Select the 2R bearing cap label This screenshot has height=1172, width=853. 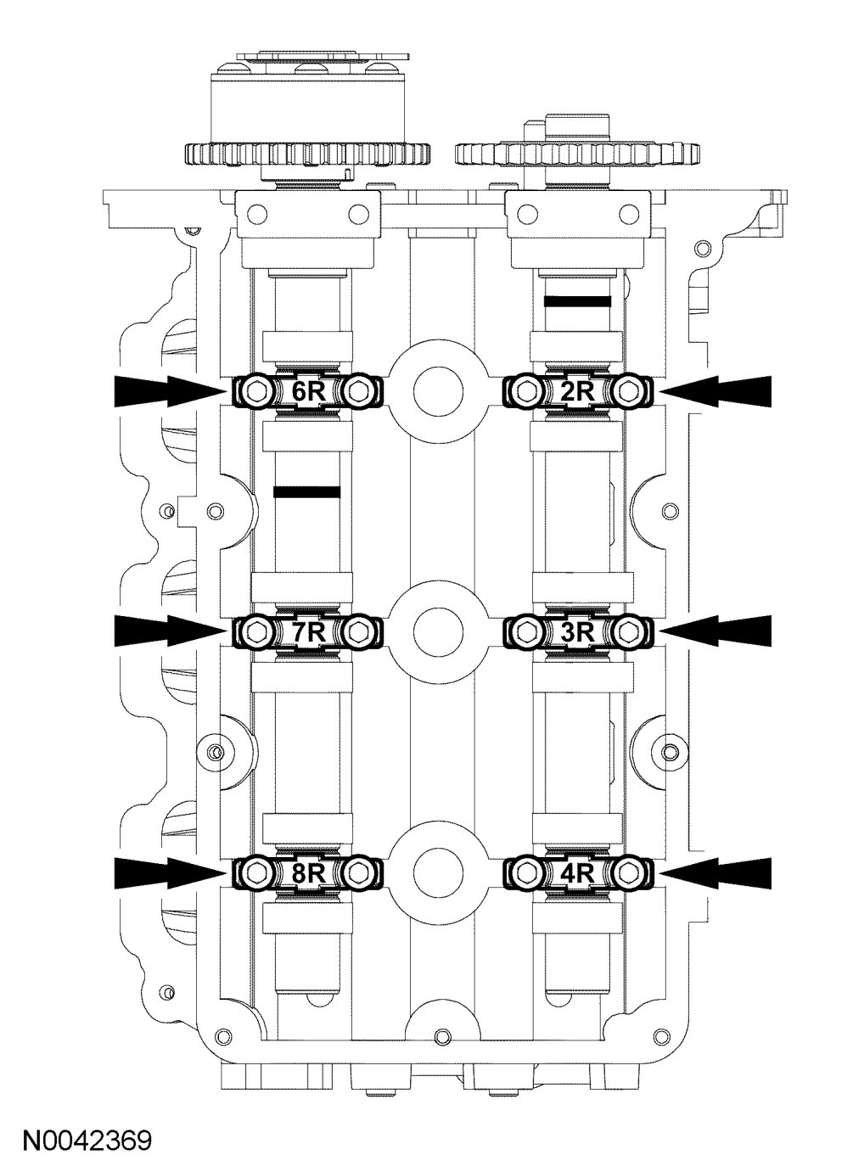(x=578, y=390)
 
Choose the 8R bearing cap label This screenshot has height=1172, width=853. (x=309, y=872)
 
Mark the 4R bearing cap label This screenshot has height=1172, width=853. (x=578, y=872)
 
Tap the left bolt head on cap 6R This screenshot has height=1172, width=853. (x=255, y=391)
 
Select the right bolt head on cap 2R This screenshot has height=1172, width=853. (x=629, y=390)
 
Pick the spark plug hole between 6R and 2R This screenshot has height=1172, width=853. (x=439, y=391)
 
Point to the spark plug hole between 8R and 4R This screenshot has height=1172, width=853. (x=439, y=872)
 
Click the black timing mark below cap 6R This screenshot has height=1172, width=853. (x=306, y=491)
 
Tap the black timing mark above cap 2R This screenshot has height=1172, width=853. (x=578, y=301)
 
